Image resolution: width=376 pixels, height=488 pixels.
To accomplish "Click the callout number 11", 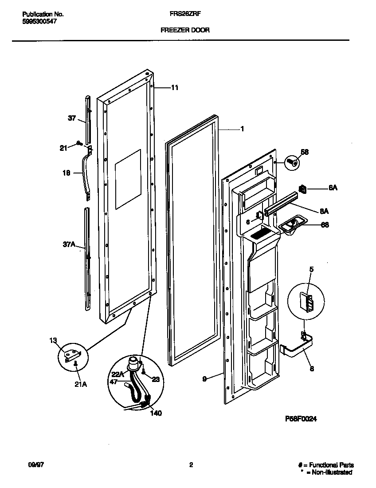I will tap(175, 88).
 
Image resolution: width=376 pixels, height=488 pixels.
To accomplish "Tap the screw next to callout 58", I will tap(292, 163).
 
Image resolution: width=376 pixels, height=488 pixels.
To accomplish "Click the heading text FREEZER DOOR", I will tap(185, 30).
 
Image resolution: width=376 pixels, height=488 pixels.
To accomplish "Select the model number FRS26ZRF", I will tap(183, 14).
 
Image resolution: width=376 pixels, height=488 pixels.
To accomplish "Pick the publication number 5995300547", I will tap(39, 21).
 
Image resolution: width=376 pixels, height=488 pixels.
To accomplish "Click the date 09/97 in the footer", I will tap(35, 465).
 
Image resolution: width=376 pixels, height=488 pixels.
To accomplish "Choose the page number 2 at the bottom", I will tap(191, 465).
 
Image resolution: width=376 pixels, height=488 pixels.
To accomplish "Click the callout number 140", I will tap(156, 413).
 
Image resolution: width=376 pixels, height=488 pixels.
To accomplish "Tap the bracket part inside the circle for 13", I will tap(72, 354).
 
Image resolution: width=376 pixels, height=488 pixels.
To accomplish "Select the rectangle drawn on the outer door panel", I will tap(128, 179).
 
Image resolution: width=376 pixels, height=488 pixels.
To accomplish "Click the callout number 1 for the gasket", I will tap(242, 129).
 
